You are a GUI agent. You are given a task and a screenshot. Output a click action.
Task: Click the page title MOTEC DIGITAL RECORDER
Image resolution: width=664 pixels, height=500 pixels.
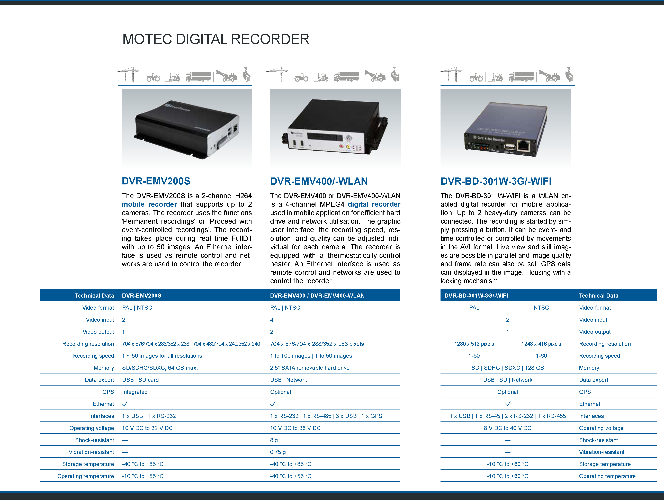(x=216, y=39)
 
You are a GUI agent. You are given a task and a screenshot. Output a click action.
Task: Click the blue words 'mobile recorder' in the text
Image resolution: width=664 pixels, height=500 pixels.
(x=149, y=204)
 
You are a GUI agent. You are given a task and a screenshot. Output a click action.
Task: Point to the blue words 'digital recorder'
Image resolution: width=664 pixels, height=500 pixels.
(x=374, y=204)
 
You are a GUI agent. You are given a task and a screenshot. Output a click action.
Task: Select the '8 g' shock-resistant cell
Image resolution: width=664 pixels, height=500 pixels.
(x=274, y=440)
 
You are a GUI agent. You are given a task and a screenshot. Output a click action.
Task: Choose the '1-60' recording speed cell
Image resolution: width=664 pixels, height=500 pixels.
(x=541, y=356)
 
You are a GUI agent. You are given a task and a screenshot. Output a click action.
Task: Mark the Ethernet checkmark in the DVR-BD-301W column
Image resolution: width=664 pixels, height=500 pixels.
(x=508, y=404)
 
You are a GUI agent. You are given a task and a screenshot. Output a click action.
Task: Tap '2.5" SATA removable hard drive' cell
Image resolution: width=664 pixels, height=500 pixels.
(x=310, y=368)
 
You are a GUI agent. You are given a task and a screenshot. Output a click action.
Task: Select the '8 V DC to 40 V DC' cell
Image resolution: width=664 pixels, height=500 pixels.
(x=508, y=428)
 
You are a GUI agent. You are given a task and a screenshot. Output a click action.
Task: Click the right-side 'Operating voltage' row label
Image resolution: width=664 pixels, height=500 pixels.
(x=601, y=428)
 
